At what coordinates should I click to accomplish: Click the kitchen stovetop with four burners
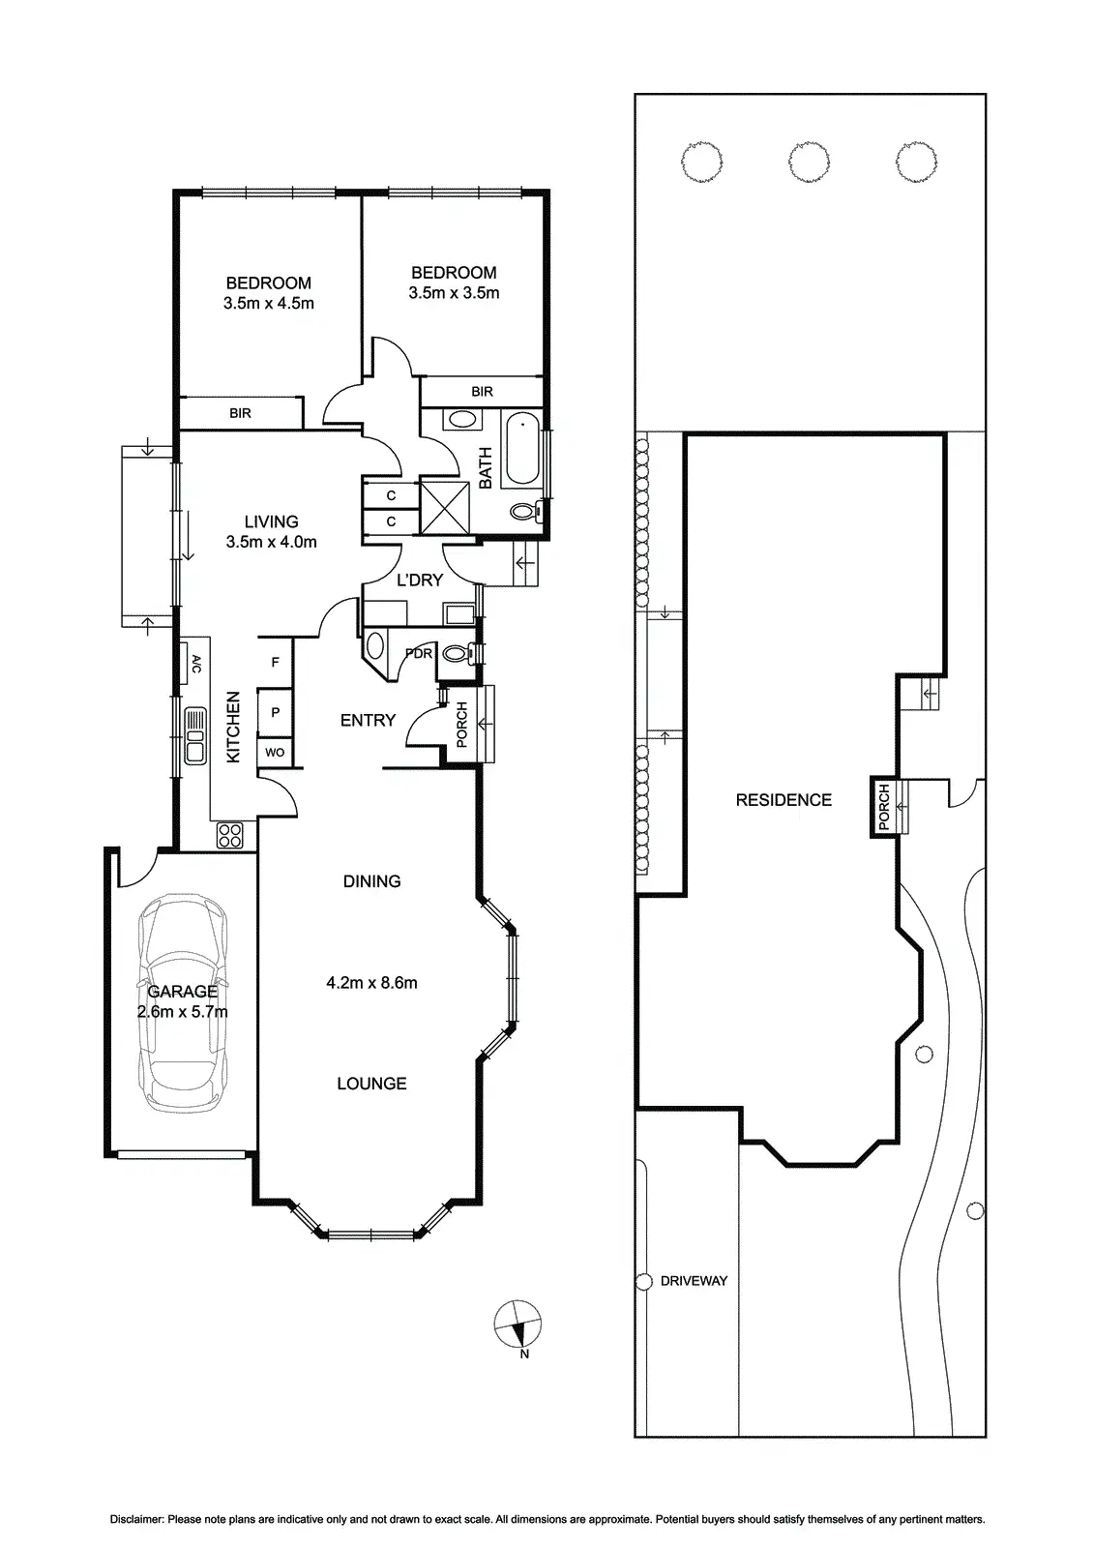coord(231,835)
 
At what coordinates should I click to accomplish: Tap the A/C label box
coord(194,664)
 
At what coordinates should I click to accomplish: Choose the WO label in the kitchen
coord(275,752)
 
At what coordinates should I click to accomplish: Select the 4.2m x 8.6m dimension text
coord(372,983)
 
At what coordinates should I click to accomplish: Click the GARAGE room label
coord(182,992)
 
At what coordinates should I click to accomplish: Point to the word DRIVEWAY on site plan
coord(694,1281)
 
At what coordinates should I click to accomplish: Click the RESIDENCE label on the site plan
coord(784,800)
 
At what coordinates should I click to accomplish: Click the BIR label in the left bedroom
coord(240,413)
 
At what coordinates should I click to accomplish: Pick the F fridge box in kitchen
coord(276,663)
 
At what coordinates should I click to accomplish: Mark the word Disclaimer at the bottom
coord(136,1520)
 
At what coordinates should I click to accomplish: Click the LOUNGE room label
coord(371,1084)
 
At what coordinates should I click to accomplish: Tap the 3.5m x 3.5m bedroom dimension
coord(454,293)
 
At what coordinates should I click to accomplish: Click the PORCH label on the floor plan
coord(461,725)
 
